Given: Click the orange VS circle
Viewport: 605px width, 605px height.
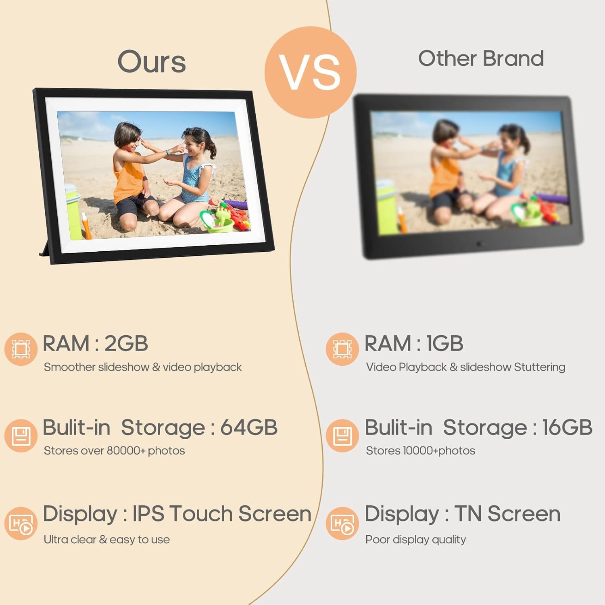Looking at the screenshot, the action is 311,73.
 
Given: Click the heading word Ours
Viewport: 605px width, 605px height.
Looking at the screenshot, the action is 152,62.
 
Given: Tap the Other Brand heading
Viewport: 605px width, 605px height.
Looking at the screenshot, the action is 481,58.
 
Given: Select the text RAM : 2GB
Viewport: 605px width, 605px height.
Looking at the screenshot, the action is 96,344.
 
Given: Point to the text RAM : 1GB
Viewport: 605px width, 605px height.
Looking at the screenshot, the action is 414,344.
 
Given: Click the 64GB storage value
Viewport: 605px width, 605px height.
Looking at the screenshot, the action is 249,428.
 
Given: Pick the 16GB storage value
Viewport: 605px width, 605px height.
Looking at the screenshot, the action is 567,428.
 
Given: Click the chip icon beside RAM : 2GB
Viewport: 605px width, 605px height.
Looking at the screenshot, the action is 21,349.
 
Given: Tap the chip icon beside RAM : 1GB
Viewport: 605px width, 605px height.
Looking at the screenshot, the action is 342,349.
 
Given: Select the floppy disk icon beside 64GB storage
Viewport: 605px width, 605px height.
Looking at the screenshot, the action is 21,436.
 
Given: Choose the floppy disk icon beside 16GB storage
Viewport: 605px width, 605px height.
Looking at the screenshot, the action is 342,436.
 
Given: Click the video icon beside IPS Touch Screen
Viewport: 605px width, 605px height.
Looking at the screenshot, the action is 21,524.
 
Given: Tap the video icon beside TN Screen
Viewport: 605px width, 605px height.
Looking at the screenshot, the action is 342,524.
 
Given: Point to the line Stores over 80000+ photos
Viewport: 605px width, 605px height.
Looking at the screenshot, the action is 115,451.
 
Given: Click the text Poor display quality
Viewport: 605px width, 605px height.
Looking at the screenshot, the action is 416,540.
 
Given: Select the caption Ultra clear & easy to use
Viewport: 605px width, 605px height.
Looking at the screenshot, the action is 107,540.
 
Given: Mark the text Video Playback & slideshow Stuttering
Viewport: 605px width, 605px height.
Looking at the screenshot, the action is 466,367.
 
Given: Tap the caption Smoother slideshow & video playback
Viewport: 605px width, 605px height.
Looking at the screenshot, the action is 143,367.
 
